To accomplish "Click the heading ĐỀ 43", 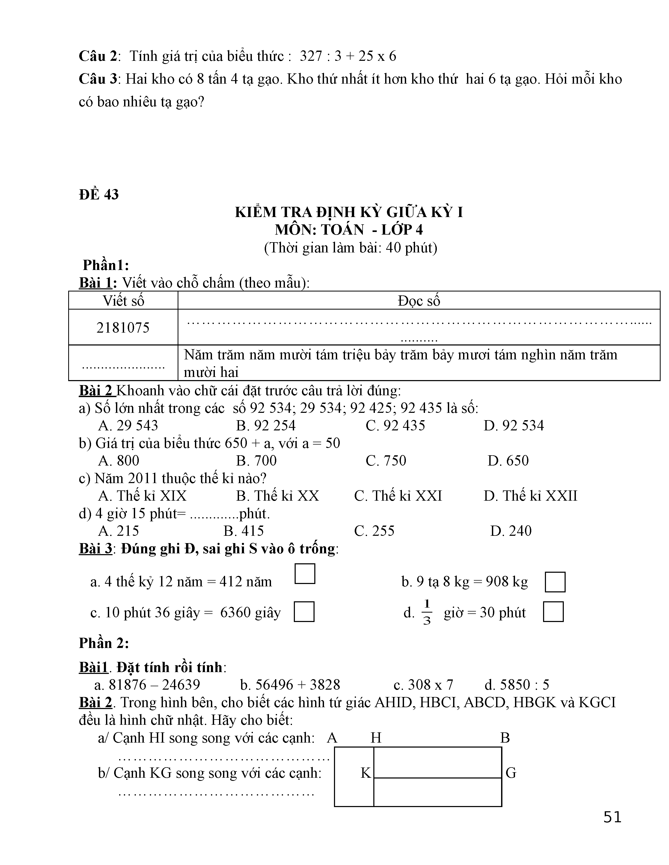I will (x=99, y=194).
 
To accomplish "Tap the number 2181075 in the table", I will (x=123, y=328).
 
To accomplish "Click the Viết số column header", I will (x=123, y=301).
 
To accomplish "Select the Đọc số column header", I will (x=418, y=301).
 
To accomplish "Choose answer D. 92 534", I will (x=514, y=425).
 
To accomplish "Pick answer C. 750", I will (x=386, y=460).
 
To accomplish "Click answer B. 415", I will (x=243, y=531).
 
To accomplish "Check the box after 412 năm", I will (x=305, y=574).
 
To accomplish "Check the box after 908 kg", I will (x=555, y=582).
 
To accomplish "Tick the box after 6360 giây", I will (x=304, y=612).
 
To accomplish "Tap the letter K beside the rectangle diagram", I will (x=365, y=773).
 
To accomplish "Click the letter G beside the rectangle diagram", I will (x=511, y=773).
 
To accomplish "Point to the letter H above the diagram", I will (x=376, y=737).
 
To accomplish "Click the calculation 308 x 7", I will (x=423, y=685).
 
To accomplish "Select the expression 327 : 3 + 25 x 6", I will (x=348, y=56).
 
